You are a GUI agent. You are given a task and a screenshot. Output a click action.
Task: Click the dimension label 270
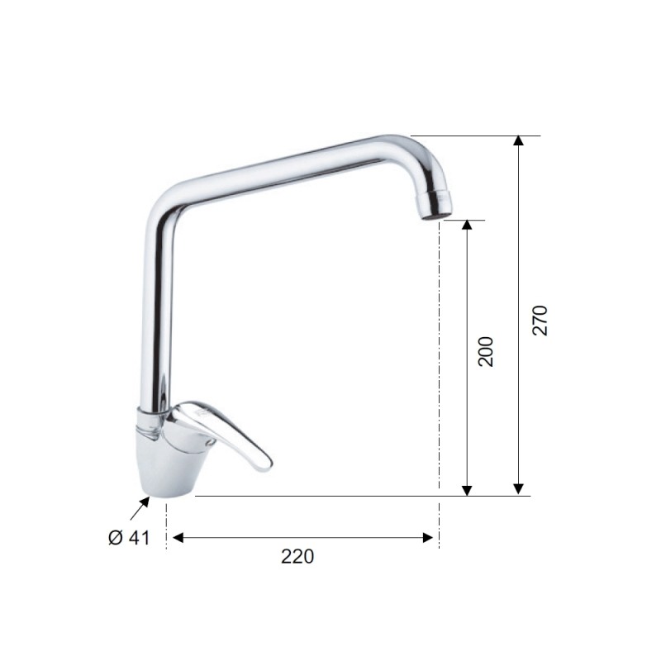pos(540,320)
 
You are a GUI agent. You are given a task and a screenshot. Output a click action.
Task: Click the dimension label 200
pos(487,351)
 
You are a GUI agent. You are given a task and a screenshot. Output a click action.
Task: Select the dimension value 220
pos(297,557)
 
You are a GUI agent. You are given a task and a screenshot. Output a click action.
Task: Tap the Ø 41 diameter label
pos(129,538)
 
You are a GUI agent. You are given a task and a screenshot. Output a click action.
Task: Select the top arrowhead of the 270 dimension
pos(518,141)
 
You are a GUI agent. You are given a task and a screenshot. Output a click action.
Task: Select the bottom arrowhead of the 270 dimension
pos(518,489)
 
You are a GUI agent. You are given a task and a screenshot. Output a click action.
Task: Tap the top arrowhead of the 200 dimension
pos(467,226)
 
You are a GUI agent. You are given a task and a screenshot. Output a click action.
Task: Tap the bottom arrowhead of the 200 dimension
pos(467,489)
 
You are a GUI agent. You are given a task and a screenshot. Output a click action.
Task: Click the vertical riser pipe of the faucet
pos(159,314)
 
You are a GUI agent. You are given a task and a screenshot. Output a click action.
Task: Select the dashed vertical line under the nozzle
pos(438,372)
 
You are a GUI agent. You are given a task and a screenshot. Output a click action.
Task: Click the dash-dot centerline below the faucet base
pos(167,525)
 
